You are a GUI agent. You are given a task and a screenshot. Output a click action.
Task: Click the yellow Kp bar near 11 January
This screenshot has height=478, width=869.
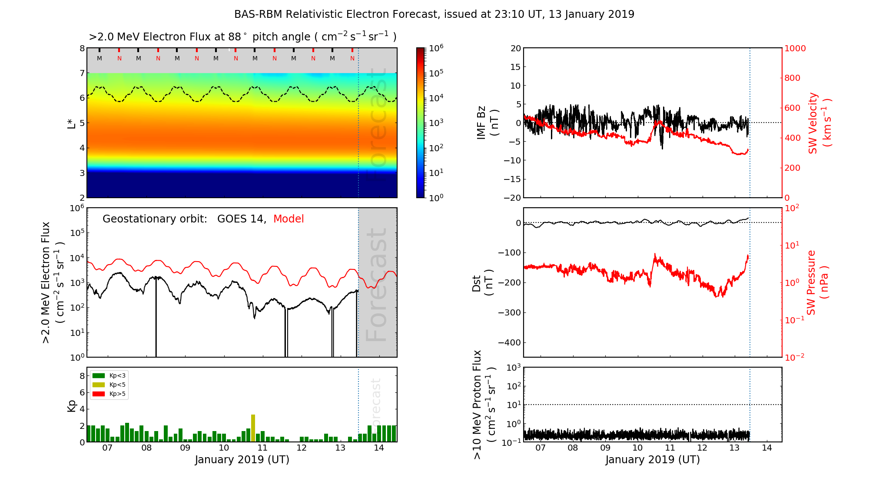click(253, 428)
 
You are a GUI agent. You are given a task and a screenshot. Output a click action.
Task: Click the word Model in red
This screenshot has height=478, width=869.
click(289, 219)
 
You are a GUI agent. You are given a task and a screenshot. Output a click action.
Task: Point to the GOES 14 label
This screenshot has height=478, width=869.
click(241, 219)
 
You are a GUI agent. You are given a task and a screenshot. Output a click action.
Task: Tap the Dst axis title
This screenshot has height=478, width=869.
click(482, 282)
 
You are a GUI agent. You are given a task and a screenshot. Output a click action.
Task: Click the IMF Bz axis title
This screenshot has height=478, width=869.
click(488, 123)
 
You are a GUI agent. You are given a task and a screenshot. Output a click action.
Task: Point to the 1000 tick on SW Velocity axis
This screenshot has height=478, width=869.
click(795, 48)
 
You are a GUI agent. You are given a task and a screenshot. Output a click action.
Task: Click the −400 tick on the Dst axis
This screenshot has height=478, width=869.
click(509, 342)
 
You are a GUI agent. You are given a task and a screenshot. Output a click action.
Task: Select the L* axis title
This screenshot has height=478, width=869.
click(71, 123)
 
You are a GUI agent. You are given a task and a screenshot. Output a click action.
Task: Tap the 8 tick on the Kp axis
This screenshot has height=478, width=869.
click(82, 376)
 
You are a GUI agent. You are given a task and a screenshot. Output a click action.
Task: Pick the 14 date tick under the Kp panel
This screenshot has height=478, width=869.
click(379, 448)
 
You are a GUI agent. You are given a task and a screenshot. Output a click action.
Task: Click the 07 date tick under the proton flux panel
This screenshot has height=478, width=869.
click(541, 448)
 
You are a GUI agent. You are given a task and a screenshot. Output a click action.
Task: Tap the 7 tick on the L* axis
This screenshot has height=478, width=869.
click(82, 73)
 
